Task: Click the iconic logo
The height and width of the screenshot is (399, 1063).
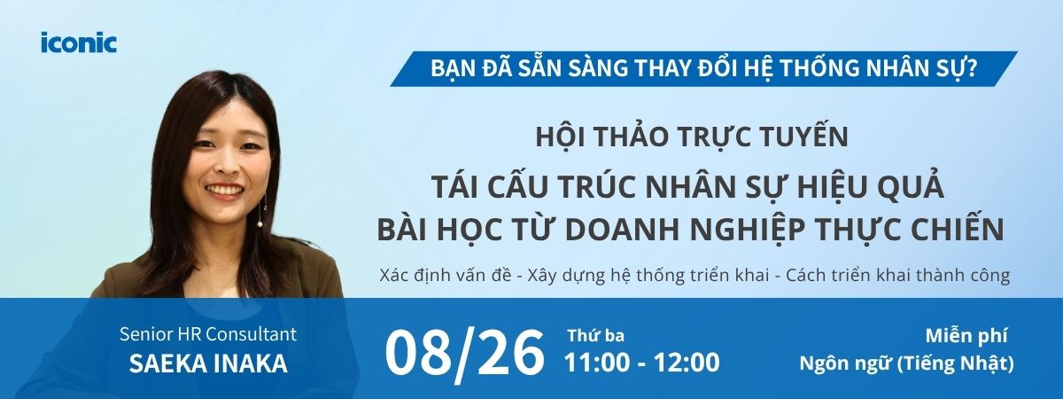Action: pos(79,43)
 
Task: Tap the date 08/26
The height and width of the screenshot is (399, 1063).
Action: pos(463,355)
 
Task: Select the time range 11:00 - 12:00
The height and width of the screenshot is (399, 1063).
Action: pos(641,363)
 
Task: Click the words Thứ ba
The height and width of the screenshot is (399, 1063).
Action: pos(596,336)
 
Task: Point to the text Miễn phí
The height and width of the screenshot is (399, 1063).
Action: pos(966,336)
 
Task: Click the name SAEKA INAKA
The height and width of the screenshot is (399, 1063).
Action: pos(208,364)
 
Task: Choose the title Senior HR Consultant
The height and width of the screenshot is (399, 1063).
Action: pos(208,334)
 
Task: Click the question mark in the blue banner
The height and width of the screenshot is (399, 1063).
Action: pos(971,69)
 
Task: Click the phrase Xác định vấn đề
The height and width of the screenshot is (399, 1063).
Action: pos(445,275)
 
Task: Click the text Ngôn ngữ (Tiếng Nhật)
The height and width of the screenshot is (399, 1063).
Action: pos(906,364)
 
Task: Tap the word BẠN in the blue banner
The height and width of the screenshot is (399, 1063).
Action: pos(454,69)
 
